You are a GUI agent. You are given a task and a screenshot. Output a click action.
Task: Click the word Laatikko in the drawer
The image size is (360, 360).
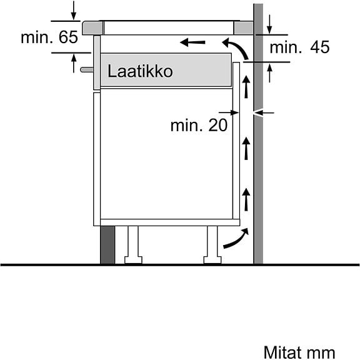click(140, 71)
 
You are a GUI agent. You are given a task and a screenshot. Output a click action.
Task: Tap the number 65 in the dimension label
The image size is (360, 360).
click(68, 37)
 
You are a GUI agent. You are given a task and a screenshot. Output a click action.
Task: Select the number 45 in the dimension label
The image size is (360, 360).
click(320, 47)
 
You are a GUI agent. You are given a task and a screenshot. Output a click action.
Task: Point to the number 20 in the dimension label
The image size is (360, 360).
click(218, 126)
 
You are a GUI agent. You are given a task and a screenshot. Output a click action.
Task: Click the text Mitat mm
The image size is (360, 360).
click(299, 352)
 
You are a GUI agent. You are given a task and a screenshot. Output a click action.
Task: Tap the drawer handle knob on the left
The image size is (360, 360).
click(87, 69)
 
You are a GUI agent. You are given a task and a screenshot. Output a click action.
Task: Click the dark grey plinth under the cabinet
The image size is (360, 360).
click(107, 245)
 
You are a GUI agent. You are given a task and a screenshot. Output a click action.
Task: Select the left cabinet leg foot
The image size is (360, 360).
click(133, 260)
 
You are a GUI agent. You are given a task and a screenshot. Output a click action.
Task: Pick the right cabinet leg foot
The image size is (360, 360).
click(212, 260)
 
